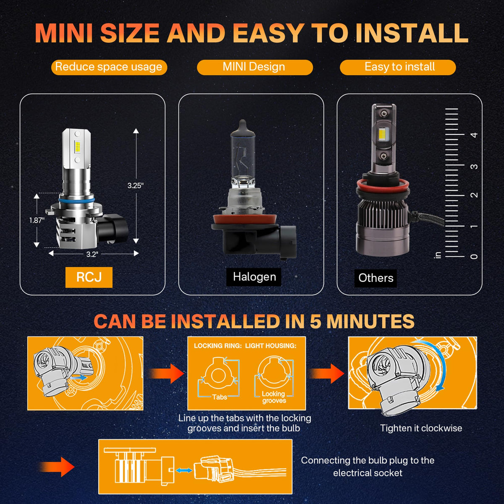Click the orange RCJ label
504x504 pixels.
tap(89, 277)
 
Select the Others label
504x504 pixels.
tap(375, 278)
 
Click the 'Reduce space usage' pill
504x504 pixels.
tap(109, 67)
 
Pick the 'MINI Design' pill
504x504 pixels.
tap(255, 67)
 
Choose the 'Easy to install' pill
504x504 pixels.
tap(398, 67)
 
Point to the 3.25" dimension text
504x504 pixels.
tap(136, 186)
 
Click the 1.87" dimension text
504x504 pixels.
tap(37, 220)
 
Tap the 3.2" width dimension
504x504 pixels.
tap(92, 254)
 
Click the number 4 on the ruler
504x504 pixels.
tap(474, 135)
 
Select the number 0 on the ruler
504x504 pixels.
tap(474, 256)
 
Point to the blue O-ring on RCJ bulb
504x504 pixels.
tap(76, 200)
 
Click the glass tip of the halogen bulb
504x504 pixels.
tap(243, 124)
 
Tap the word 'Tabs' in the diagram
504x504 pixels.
tap(220, 397)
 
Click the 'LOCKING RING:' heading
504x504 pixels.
tap(218, 346)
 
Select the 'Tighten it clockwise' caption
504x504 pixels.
tap(421, 428)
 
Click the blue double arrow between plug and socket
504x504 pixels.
tap(184, 470)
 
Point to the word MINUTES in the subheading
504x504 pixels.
tap(370, 321)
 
